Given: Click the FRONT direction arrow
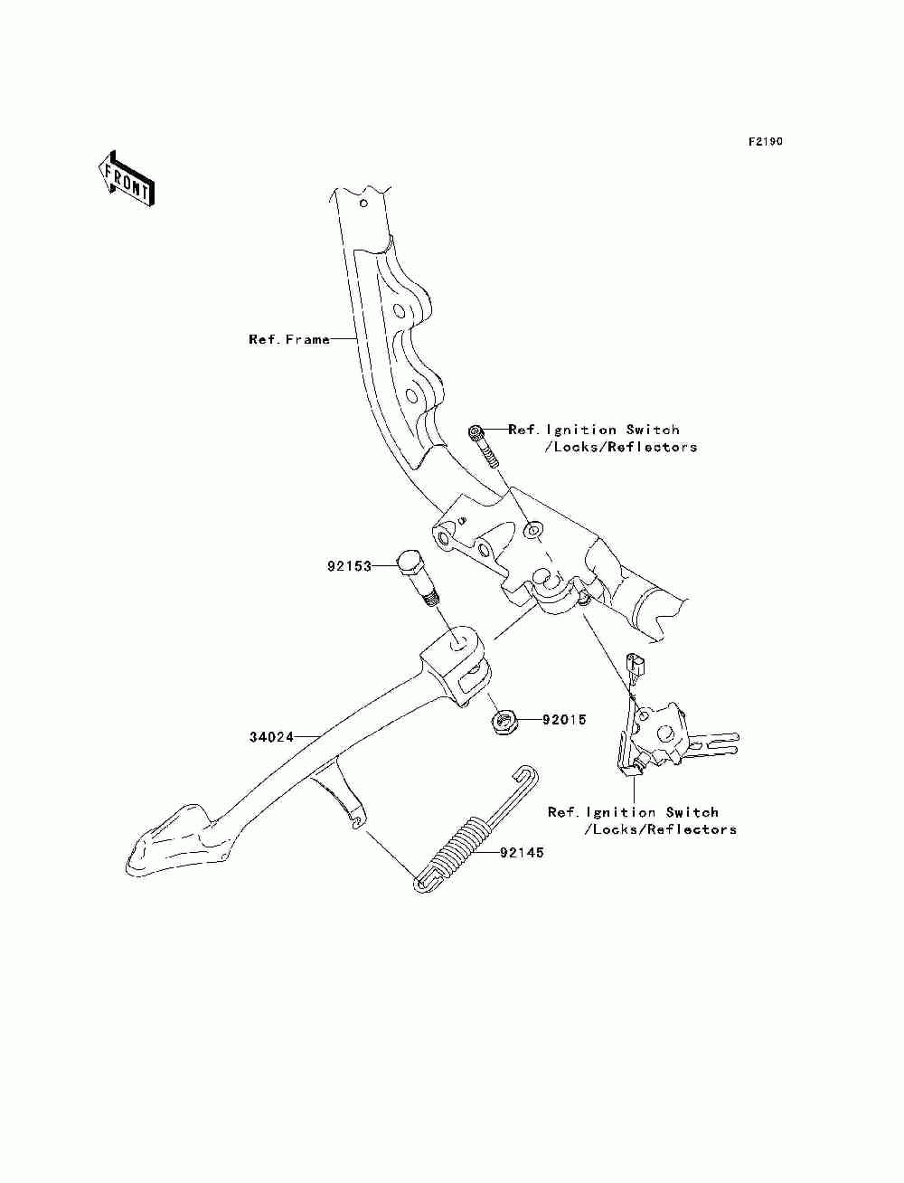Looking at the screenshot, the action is click(126, 179).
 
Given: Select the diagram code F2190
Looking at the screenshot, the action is click(765, 142).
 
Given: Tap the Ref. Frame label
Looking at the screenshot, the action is click(288, 339).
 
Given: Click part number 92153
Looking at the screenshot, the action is click(349, 566).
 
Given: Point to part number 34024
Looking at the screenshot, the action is click(271, 737).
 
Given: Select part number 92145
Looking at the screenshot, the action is click(522, 853).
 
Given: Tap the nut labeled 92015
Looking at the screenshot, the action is click(504, 721).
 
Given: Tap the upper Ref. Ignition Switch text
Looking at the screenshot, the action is click(602, 438).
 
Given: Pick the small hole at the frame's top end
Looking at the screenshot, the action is click(363, 203).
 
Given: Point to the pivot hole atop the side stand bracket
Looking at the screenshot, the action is click(458, 643).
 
